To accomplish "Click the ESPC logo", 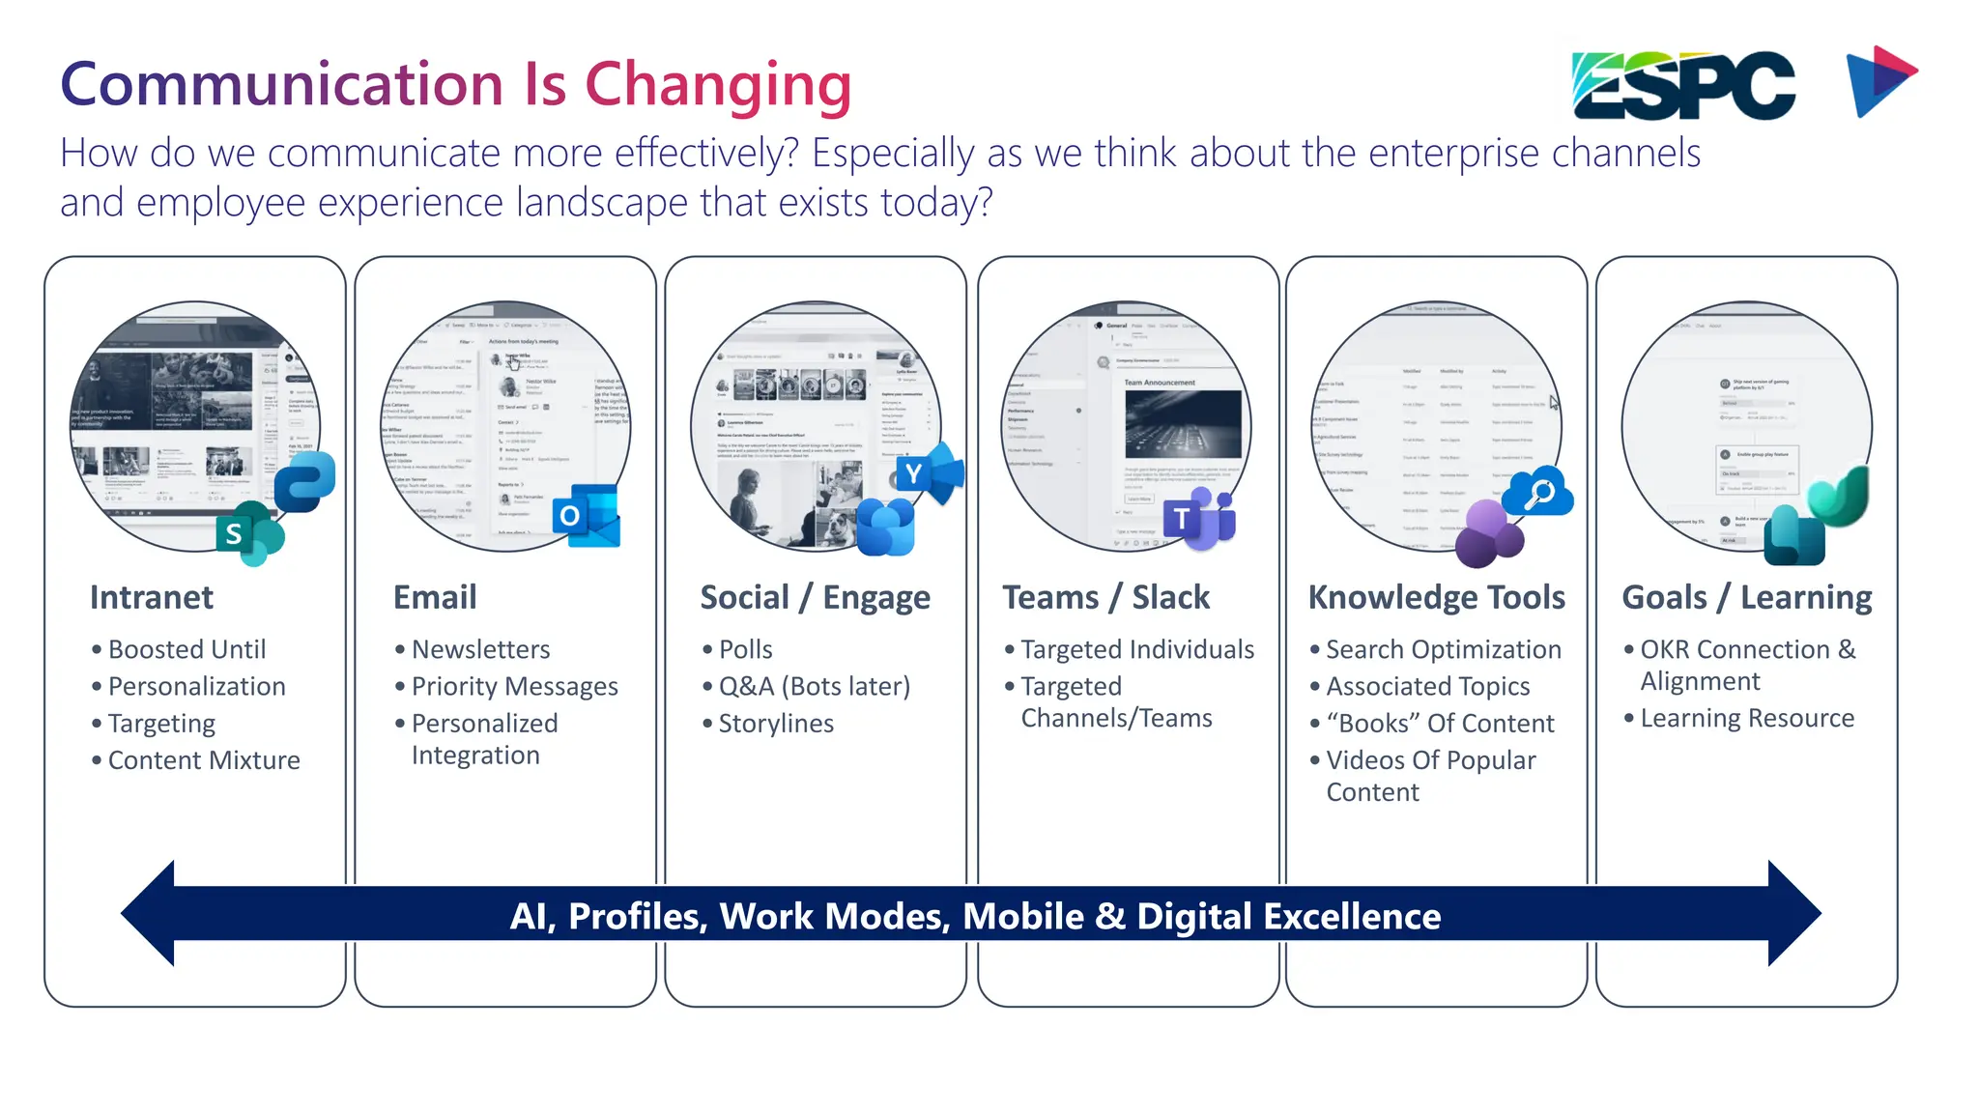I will click(x=1683, y=85).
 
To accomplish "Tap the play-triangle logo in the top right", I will click(x=1879, y=81).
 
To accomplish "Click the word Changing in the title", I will click(x=717, y=85).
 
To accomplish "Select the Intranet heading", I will click(x=152, y=597).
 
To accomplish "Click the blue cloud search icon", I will click(x=1538, y=492).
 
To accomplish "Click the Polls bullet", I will click(x=745, y=649).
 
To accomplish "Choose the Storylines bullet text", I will click(x=775, y=724).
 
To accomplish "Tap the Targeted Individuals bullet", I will click(x=1136, y=649).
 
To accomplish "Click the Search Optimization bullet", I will click(x=1443, y=649).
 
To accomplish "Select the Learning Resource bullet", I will click(x=1746, y=718).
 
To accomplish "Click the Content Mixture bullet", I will click(x=204, y=760).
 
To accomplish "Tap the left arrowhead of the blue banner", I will click(x=150, y=913).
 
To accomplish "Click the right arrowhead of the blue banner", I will click(x=1793, y=913).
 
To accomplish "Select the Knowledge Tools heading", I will click(x=1436, y=597).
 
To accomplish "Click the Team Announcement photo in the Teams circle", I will click(x=1183, y=425).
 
